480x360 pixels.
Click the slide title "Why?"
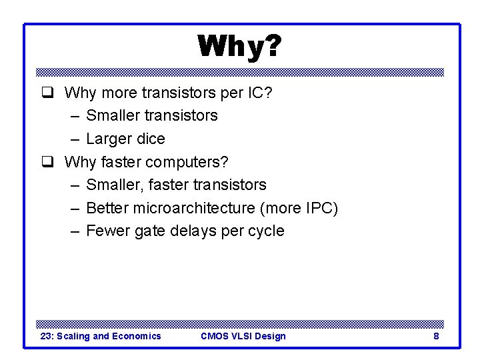[239, 47]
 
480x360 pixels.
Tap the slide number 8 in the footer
[436, 336]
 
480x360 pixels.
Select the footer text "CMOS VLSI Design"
[243, 336]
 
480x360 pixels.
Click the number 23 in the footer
[46, 336]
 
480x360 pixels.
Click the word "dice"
[151, 139]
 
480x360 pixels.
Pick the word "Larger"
[109, 139]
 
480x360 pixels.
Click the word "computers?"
[187, 162]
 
